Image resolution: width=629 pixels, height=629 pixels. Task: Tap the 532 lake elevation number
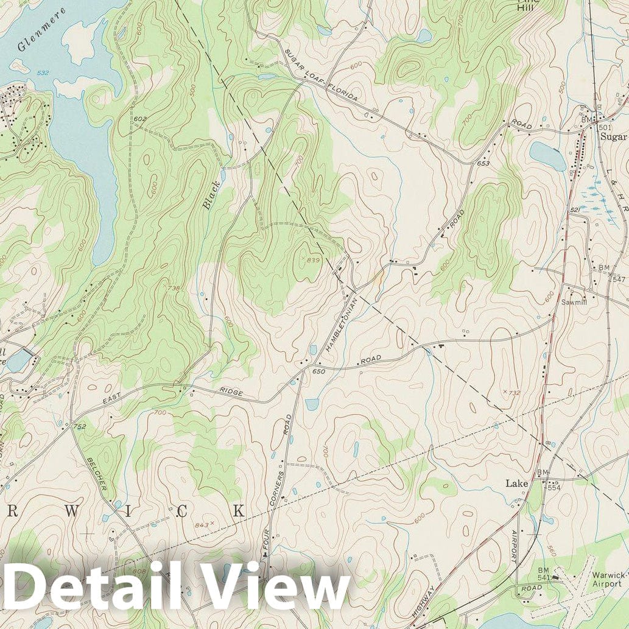coord(43,73)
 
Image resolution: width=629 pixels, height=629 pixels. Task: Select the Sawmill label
coord(573,301)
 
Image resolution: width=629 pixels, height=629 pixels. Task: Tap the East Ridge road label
coord(174,394)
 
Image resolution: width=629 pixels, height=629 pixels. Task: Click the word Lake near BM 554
coord(516,483)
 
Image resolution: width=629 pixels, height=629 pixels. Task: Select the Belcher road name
coord(97,476)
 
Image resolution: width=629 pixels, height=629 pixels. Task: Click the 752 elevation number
coord(79,427)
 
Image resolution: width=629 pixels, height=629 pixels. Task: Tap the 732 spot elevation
coord(514,393)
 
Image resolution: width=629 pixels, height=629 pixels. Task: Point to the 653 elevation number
coord(483,163)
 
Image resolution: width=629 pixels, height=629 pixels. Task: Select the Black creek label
coord(211,195)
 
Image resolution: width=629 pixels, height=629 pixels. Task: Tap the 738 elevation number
coord(174,288)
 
